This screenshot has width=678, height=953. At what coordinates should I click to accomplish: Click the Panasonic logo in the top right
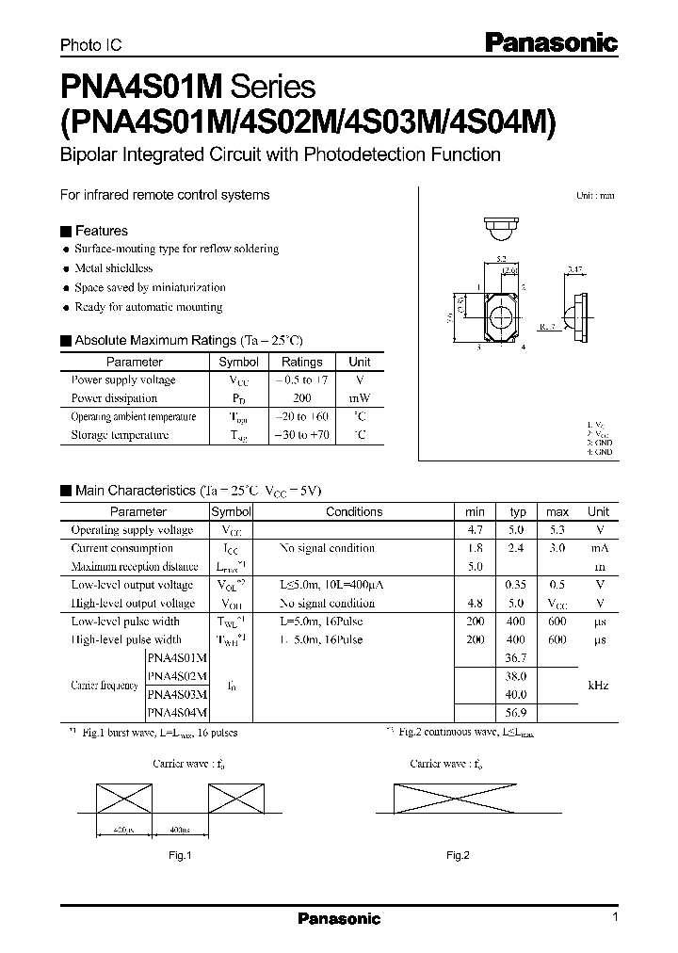pyautogui.click(x=551, y=41)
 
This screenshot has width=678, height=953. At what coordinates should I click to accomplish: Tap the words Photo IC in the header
pyautogui.click(x=91, y=44)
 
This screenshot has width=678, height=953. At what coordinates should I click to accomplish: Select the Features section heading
pyautogui.click(x=101, y=231)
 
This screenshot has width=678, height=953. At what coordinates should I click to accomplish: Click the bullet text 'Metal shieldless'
pyautogui.click(x=114, y=268)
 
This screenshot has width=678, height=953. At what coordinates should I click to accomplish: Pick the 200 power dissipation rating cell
pyautogui.click(x=301, y=398)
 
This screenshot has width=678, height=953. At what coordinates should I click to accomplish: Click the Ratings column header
pyautogui.click(x=302, y=362)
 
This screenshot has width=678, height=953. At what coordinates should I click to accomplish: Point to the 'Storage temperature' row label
pyautogui.click(x=120, y=435)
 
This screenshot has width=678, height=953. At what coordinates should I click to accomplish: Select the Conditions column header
pyautogui.click(x=354, y=511)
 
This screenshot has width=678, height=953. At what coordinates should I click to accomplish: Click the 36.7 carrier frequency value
pyautogui.click(x=516, y=658)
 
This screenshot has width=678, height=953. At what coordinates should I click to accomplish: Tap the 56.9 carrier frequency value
pyautogui.click(x=516, y=713)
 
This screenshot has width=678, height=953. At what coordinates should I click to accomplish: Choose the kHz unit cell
pyautogui.click(x=598, y=686)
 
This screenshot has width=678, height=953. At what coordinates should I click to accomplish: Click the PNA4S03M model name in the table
pyautogui.click(x=177, y=695)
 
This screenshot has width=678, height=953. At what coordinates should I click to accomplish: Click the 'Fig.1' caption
pyautogui.click(x=180, y=856)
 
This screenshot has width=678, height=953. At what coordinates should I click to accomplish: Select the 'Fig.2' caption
pyautogui.click(x=458, y=856)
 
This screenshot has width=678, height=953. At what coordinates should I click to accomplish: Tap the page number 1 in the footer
pyautogui.click(x=615, y=918)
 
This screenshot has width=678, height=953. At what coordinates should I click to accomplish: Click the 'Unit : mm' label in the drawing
pyautogui.click(x=595, y=196)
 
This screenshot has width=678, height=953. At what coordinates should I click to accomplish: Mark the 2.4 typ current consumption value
pyautogui.click(x=517, y=548)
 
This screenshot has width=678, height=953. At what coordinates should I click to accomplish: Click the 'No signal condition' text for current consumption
pyautogui.click(x=327, y=548)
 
